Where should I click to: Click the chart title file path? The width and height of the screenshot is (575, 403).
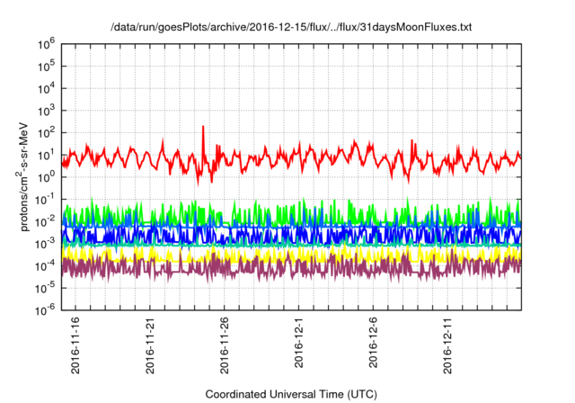[290, 27]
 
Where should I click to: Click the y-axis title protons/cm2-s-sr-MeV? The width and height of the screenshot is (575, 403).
[28, 176]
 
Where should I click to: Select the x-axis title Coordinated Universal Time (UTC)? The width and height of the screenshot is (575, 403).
[289, 394]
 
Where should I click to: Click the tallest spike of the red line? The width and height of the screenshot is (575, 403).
[204, 128]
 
